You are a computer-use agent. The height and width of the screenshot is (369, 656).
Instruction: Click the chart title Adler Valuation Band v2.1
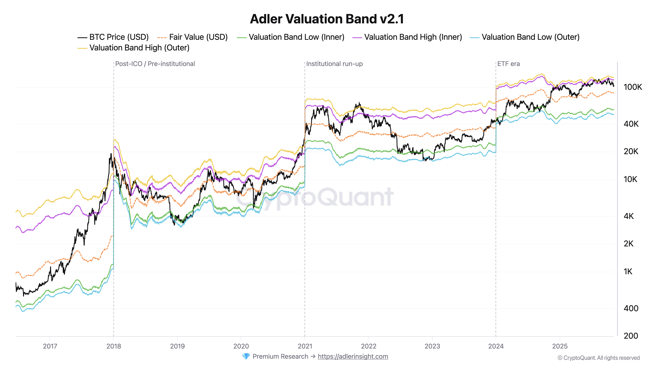click(327, 19)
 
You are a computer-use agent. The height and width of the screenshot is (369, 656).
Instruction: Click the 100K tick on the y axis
click(633, 87)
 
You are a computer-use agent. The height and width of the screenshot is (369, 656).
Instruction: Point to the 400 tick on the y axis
click(631, 308)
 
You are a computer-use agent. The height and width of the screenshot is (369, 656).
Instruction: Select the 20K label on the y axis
click(631, 152)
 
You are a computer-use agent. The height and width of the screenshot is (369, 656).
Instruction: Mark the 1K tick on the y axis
click(628, 272)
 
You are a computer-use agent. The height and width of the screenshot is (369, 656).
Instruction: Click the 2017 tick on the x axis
click(50, 346)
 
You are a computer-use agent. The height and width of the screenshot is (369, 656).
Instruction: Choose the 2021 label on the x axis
click(305, 346)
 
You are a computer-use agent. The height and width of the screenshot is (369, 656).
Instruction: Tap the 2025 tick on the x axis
click(560, 346)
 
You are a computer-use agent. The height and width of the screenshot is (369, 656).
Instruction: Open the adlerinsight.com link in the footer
click(353, 357)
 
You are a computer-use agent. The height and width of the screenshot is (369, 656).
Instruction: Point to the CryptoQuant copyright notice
click(598, 358)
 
